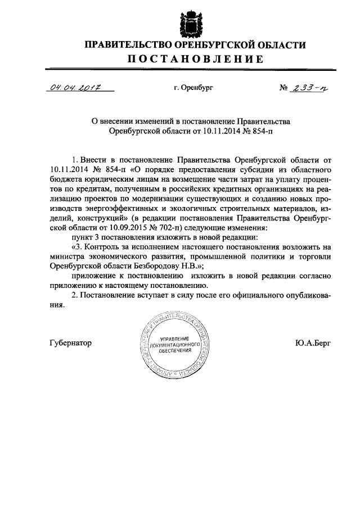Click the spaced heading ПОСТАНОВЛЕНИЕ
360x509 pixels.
click(x=195, y=60)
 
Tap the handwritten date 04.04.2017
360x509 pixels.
click(x=71, y=87)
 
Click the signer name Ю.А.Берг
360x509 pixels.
click(x=313, y=343)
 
